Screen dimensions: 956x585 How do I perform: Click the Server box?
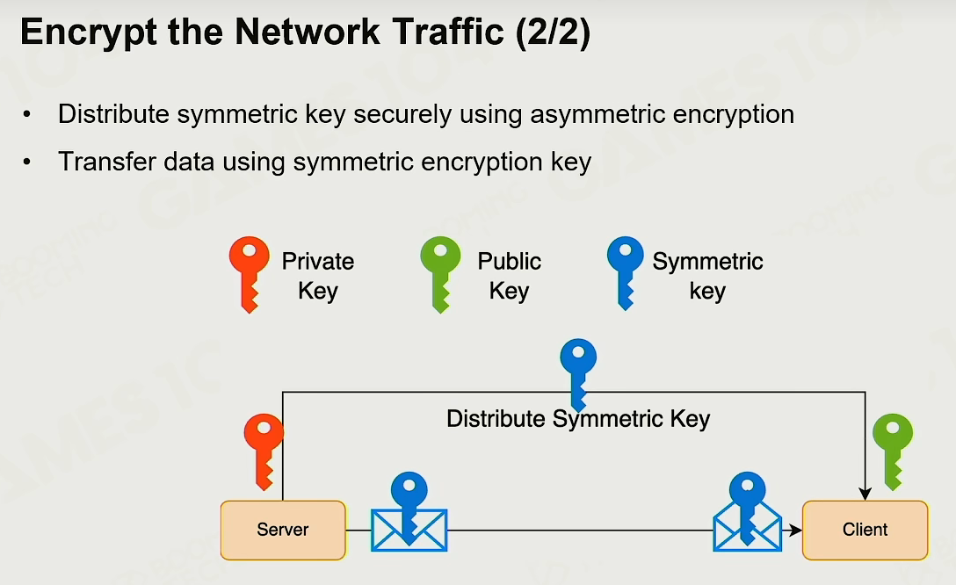283,530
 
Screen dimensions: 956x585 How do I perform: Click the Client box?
865,530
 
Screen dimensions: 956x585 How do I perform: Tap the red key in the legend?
250,274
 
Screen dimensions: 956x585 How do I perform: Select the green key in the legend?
440,274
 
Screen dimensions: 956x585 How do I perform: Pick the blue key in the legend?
626,273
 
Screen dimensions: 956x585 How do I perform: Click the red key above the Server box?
264,451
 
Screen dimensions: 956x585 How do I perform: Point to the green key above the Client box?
893,451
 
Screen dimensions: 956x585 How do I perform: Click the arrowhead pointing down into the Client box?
865,495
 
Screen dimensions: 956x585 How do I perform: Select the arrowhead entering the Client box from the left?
795,531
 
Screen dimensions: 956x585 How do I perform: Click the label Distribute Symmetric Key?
578,419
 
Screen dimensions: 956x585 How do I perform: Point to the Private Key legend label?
318,276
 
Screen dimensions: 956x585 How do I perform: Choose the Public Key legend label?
509,276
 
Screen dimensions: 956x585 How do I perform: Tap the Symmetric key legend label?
707,276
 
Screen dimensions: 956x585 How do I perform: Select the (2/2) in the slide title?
553,32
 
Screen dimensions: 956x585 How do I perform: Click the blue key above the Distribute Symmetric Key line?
578,373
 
